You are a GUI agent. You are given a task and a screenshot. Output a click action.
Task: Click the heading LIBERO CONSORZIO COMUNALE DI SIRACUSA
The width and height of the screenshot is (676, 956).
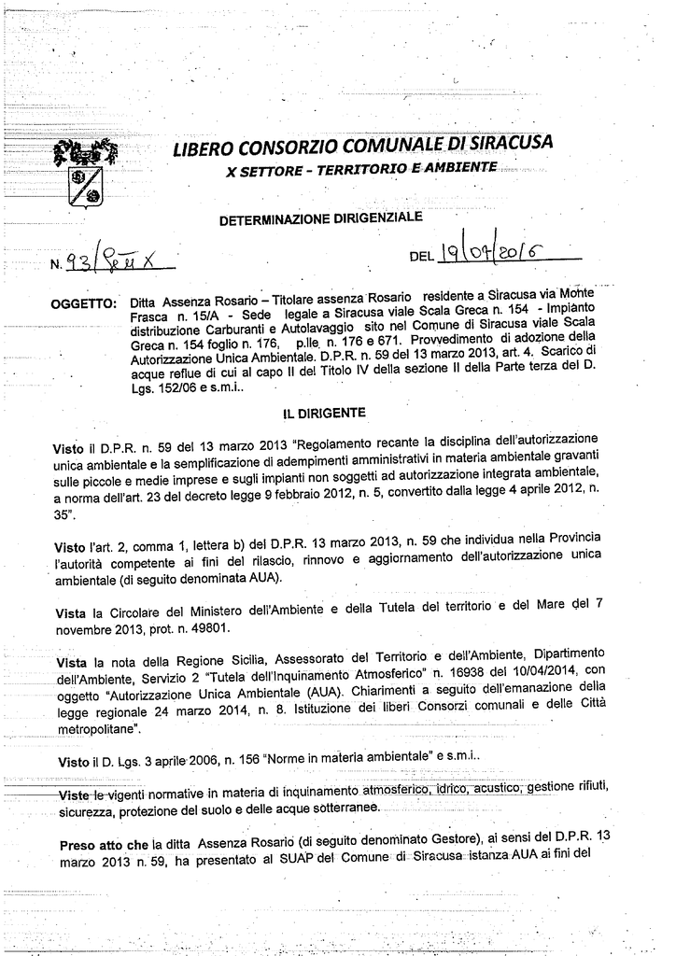(363, 146)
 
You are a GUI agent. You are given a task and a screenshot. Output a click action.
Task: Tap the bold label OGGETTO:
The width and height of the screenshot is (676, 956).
(84, 303)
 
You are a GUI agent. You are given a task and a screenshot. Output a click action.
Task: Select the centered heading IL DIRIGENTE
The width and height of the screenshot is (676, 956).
(324, 412)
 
